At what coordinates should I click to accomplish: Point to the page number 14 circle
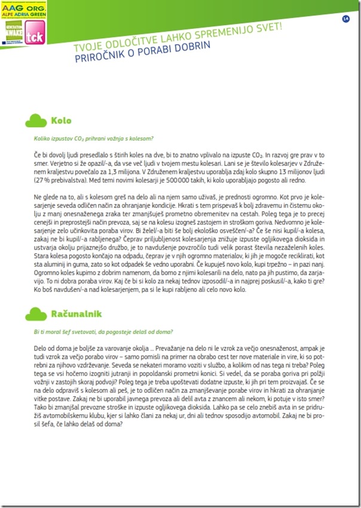pyautogui.click(x=345, y=19)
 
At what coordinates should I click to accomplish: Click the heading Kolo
pyautogui.click(x=61, y=121)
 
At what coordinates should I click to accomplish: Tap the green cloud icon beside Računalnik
pyautogui.click(x=36, y=313)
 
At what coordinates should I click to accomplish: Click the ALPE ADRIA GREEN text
pyautogui.click(x=23, y=16)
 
